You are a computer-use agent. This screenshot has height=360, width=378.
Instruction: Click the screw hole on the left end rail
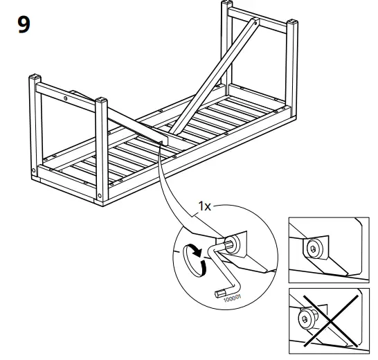pos(66,100)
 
